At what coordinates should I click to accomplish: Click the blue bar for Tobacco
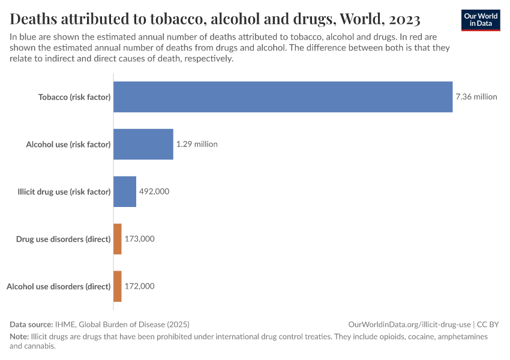(x=283, y=97)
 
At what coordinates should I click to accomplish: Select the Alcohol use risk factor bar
(x=143, y=144)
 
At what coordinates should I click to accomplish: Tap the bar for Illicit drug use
(x=125, y=191)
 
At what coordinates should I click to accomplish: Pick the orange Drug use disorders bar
(x=118, y=239)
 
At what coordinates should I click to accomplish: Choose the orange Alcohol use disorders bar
(x=118, y=286)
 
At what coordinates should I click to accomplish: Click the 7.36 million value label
(x=476, y=97)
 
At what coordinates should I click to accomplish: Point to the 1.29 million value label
(x=197, y=144)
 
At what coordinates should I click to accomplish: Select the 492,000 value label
(x=154, y=191)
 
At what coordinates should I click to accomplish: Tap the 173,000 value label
(x=140, y=239)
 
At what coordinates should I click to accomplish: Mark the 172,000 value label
(x=140, y=286)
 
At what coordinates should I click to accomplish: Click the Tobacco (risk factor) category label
(x=74, y=97)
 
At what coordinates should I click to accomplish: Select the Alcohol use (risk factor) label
(x=68, y=144)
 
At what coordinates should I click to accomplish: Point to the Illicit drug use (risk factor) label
(x=64, y=192)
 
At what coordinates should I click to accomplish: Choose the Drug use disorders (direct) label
(x=64, y=239)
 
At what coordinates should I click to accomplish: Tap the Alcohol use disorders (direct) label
(x=59, y=286)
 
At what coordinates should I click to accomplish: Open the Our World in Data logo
(x=481, y=20)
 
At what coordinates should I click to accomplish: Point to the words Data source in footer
(x=31, y=324)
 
